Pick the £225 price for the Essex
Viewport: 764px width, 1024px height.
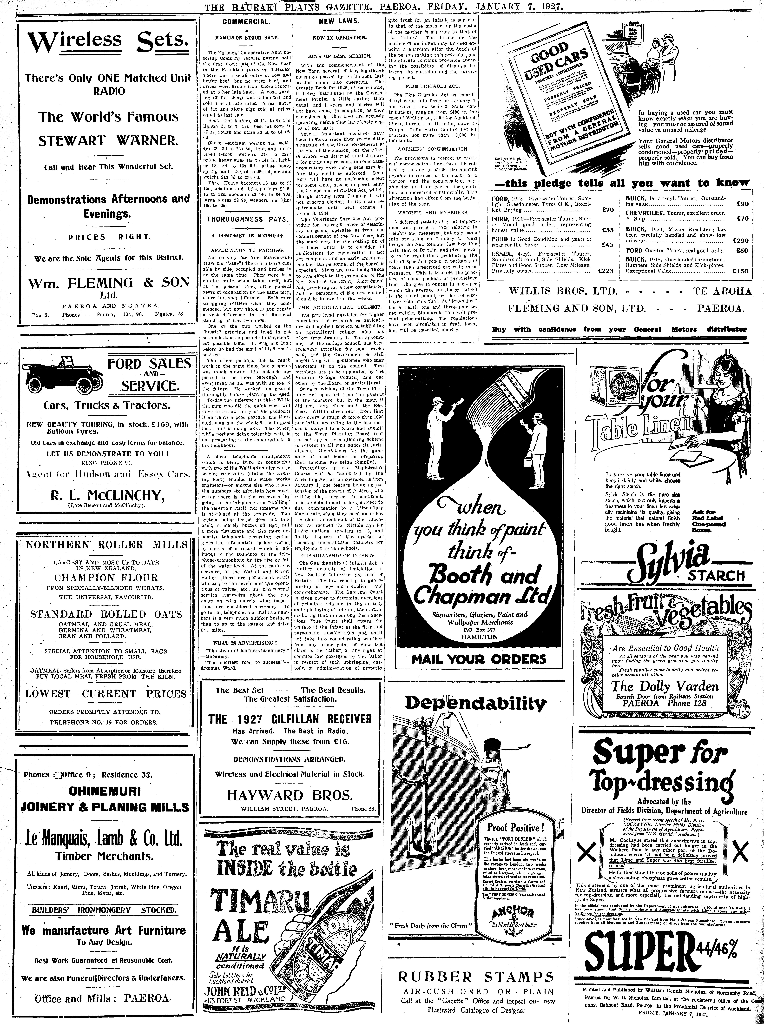click(605, 271)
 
